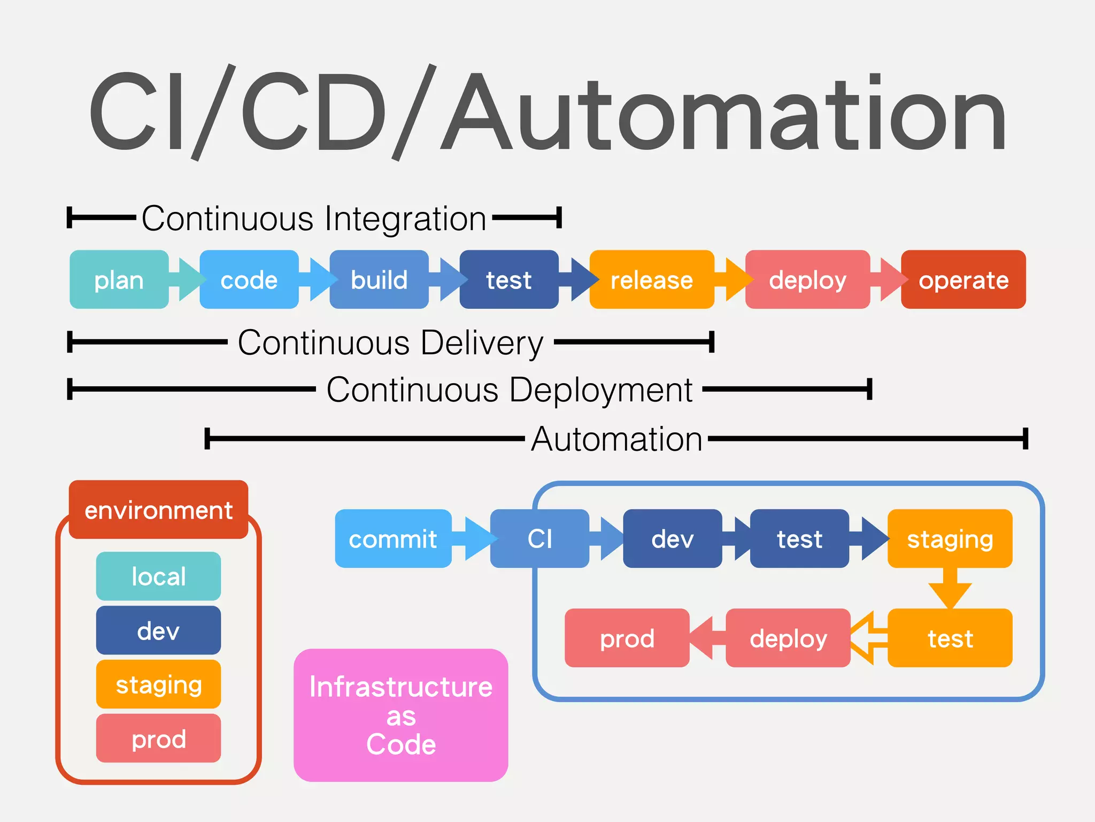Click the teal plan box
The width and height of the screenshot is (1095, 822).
119,279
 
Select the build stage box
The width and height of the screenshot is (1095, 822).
379,279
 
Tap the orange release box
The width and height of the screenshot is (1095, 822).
651,279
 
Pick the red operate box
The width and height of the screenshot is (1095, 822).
963,279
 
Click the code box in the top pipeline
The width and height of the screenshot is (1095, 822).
249,279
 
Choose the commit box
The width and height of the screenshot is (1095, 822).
392,538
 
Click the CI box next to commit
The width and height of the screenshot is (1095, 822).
539,538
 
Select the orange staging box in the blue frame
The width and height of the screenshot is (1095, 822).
950,538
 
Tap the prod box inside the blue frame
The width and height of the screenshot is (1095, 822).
627,638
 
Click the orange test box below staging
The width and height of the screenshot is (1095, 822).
950,638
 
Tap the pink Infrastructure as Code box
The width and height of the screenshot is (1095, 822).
400,715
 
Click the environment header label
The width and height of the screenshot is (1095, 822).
158,509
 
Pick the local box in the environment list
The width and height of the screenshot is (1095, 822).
158,576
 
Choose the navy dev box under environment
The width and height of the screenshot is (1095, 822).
158,630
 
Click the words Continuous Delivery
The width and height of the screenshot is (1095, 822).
390,342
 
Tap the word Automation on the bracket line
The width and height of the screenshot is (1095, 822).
616,439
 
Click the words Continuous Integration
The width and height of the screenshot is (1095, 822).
314,218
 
